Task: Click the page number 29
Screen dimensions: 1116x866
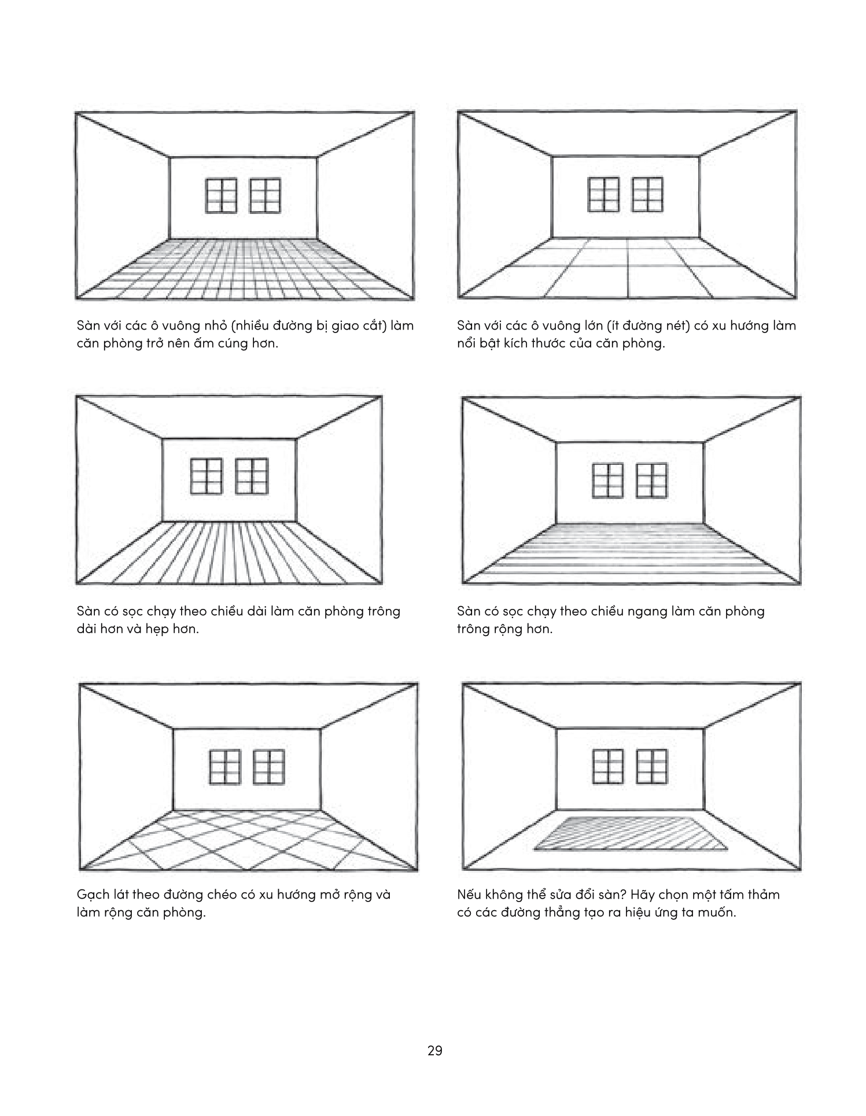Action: (434, 1051)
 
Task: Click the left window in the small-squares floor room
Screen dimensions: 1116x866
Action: (222, 195)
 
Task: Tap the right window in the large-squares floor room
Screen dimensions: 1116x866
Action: (647, 194)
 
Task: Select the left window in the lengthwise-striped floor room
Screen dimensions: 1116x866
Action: (207, 476)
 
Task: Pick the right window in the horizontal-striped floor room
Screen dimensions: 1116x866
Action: (651, 481)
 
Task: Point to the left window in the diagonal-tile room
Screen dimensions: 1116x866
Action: (224, 767)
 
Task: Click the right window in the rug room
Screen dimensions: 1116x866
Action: (651, 767)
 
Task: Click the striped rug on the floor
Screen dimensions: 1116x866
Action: (631, 833)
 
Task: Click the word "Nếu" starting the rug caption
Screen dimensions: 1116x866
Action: (469, 895)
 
